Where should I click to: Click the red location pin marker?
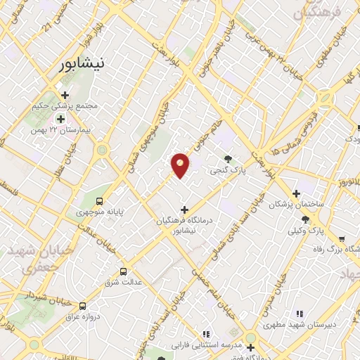(181, 165)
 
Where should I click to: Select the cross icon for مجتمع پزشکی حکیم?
(65, 96)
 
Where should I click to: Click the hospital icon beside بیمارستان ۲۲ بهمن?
(60, 119)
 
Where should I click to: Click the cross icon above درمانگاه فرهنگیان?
(184, 209)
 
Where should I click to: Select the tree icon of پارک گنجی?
(226, 159)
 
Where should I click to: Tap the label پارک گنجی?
(226, 170)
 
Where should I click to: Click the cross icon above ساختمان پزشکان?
(296, 193)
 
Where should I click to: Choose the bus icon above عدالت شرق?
(124, 271)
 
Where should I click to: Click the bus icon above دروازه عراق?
(83, 306)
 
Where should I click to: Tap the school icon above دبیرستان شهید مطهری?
(300, 314)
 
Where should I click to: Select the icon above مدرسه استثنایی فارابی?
(205, 334)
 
